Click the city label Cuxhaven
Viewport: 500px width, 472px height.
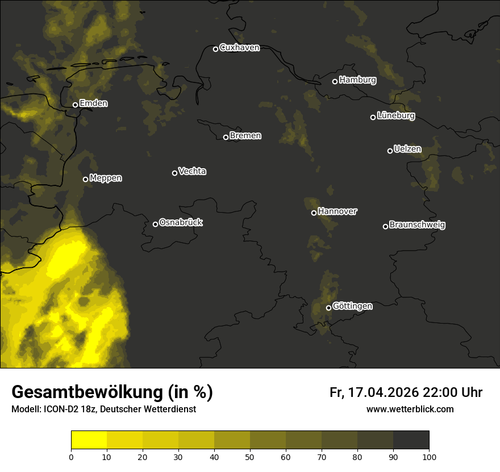[239, 48]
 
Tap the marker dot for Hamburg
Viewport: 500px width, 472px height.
[335, 81]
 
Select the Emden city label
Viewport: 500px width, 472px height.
[93, 103]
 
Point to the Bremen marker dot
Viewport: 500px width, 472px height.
[226, 137]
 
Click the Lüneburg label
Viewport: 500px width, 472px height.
[395, 116]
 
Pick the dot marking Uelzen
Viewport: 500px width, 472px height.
[390, 151]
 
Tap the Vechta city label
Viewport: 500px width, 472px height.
[192, 171]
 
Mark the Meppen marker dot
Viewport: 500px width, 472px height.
[85, 179]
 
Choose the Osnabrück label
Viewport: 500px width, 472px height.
[181, 222]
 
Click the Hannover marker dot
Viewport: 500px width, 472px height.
[314, 213]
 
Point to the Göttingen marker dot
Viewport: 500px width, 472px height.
[328, 308]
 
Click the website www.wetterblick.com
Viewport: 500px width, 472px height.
[410, 409]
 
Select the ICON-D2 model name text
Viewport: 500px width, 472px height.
[61, 409]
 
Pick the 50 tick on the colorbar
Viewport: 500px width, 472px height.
[250, 457]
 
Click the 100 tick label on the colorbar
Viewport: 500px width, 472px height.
[429, 457]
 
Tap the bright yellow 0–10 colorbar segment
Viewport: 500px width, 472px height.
[89, 440]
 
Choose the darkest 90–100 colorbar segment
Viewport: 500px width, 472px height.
[411, 440]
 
